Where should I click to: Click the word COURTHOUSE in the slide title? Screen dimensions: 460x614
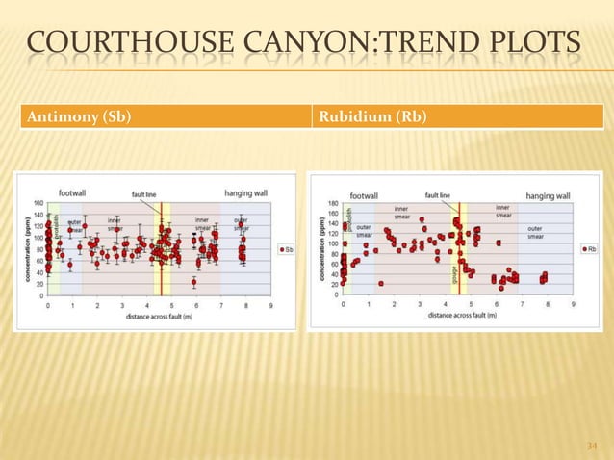[x=125, y=45]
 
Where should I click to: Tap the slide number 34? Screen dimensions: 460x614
[x=592, y=446]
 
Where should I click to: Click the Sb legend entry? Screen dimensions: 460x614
[x=286, y=248]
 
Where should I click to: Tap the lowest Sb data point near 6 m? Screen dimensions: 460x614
[x=194, y=282]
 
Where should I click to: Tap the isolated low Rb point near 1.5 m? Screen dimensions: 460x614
[x=381, y=283]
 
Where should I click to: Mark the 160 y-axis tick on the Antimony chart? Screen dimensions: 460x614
[x=38, y=203]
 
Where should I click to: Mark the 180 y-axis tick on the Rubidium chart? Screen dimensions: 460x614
[x=332, y=204]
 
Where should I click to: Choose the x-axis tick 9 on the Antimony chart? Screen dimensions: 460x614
[x=270, y=306]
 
